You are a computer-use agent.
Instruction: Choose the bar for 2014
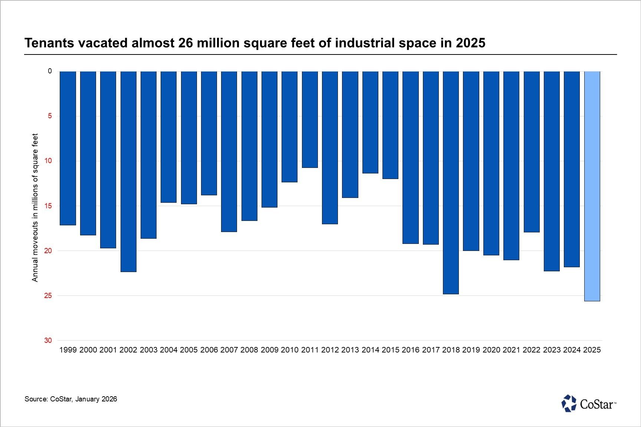pyautogui.click(x=370, y=122)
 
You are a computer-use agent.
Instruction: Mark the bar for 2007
pyautogui.click(x=229, y=152)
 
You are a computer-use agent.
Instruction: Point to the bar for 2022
pyautogui.click(x=532, y=152)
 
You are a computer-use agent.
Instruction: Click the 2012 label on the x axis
pyautogui.click(x=330, y=350)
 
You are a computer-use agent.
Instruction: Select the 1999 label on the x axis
pyautogui.click(x=68, y=350)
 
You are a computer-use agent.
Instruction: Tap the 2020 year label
pyautogui.click(x=491, y=350)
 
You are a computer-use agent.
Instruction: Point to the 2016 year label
pyautogui.click(x=411, y=350)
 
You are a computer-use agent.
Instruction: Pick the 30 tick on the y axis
pyautogui.click(x=48, y=341)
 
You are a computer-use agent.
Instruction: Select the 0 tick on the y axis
pyautogui.click(x=50, y=71)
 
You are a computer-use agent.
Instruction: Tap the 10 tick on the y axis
pyautogui.click(x=48, y=161)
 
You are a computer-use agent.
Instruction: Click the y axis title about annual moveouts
pyautogui.click(x=35, y=208)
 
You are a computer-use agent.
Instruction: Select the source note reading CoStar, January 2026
pyautogui.click(x=71, y=399)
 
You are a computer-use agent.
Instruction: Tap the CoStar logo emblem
pyautogui.click(x=569, y=404)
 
